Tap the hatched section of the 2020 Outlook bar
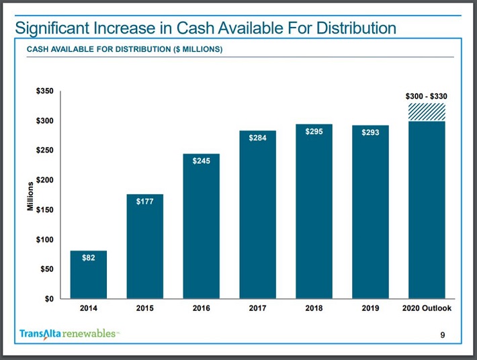tap(427, 112)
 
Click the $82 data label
tap(88, 258)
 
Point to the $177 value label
tap(144, 201)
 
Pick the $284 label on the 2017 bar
tap(257, 138)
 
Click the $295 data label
tap(314, 132)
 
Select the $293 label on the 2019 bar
tap(370, 132)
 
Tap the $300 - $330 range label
tap(427, 96)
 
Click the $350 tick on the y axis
tap(45, 91)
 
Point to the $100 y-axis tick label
tap(45, 240)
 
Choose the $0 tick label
tap(49, 299)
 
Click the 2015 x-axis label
tap(144, 309)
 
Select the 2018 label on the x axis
tap(314, 309)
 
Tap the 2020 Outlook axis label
tap(427, 309)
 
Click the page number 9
tap(441, 334)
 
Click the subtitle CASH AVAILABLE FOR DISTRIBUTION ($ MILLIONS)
tap(124, 50)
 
